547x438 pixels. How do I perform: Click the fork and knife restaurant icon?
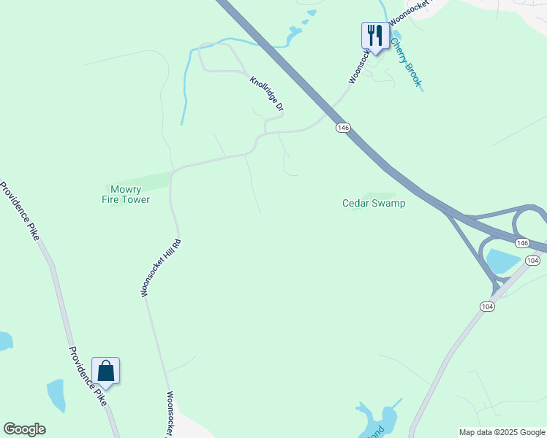pyautogui.click(x=374, y=35)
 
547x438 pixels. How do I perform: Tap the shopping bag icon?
pyautogui.click(x=105, y=370)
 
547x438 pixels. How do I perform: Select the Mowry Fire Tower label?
pyautogui.click(x=126, y=194)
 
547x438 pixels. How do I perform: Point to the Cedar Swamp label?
pyautogui.click(x=374, y=203)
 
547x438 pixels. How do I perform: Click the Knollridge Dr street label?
pyautogui.click(x=266, y=94)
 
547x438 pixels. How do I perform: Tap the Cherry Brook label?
pyautogui.click(x=406, y=64)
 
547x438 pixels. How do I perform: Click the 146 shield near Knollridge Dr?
pyautogui.click(x=344, y=128)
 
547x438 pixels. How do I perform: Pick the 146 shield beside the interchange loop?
pyautogui.click(x=521, y=242)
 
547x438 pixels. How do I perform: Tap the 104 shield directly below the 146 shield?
pyautogui.click(x=532, y=261)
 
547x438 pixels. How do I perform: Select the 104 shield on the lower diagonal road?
pyautogui.click(x=488, y=307)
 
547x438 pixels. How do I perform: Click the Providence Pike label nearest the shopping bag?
pyautogui.click(x=88, y=375)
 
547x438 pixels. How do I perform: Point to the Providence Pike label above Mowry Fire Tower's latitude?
pyautogui.click(x=20, y=212)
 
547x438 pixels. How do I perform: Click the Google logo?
pyautogui.click(x=24, y=429)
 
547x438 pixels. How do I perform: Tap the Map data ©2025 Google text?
pyautogui.click(x=502, y=432)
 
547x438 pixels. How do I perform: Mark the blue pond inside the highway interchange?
pyautogui.click(x=502, y=261)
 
